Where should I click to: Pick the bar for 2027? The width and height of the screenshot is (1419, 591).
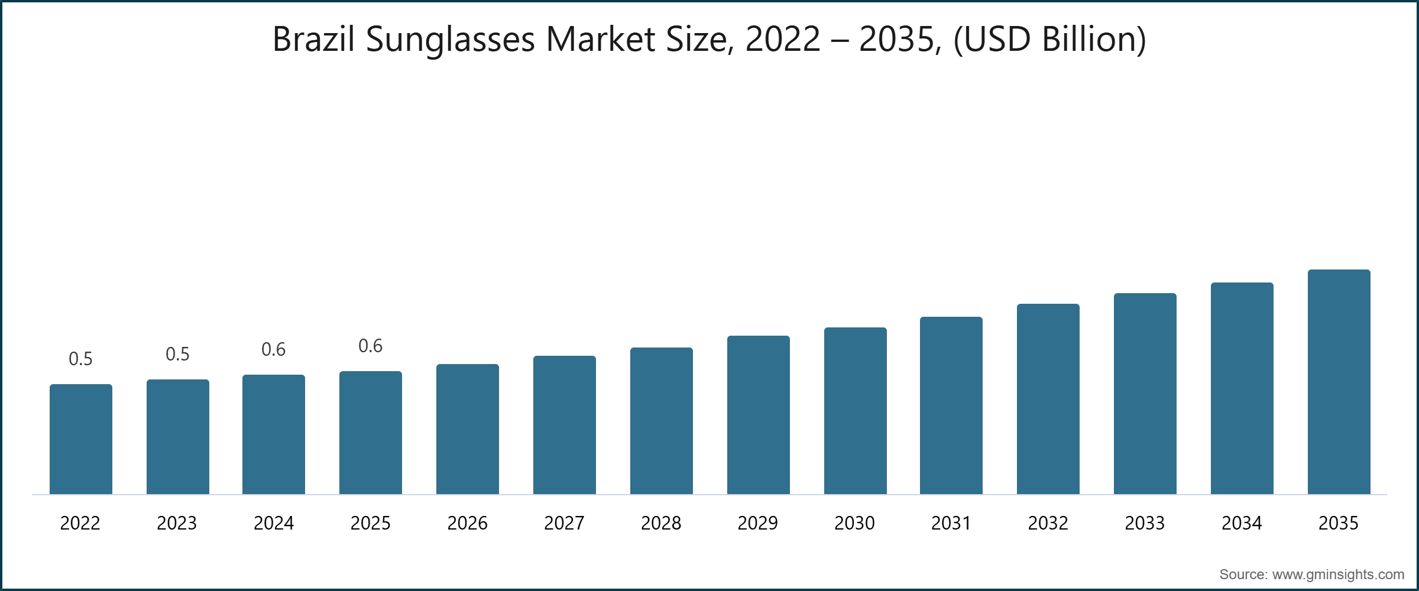click(565, 425)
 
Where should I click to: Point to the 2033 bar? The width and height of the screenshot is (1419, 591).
click(1145, 394)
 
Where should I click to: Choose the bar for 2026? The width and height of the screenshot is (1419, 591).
click(468, 429)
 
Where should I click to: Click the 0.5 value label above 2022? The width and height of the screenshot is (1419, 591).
click(81, 359)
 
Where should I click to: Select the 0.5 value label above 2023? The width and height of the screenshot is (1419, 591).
click(177, 354)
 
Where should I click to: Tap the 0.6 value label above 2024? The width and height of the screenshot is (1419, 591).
click(274, 349)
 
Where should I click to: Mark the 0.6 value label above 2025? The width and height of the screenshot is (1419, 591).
click(371, 346)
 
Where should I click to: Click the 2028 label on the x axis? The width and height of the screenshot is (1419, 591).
click(661, 523)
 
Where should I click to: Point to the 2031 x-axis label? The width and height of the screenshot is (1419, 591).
click(951, 523)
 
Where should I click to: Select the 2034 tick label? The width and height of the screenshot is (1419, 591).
click(1242, 523)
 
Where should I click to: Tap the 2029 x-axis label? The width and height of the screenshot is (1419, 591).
click(758, 523)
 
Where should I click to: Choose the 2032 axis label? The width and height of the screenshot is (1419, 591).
click(1048, 523)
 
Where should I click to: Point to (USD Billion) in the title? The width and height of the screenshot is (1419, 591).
click(1049, 40)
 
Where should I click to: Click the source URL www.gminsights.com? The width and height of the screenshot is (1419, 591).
click(1338, 574)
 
